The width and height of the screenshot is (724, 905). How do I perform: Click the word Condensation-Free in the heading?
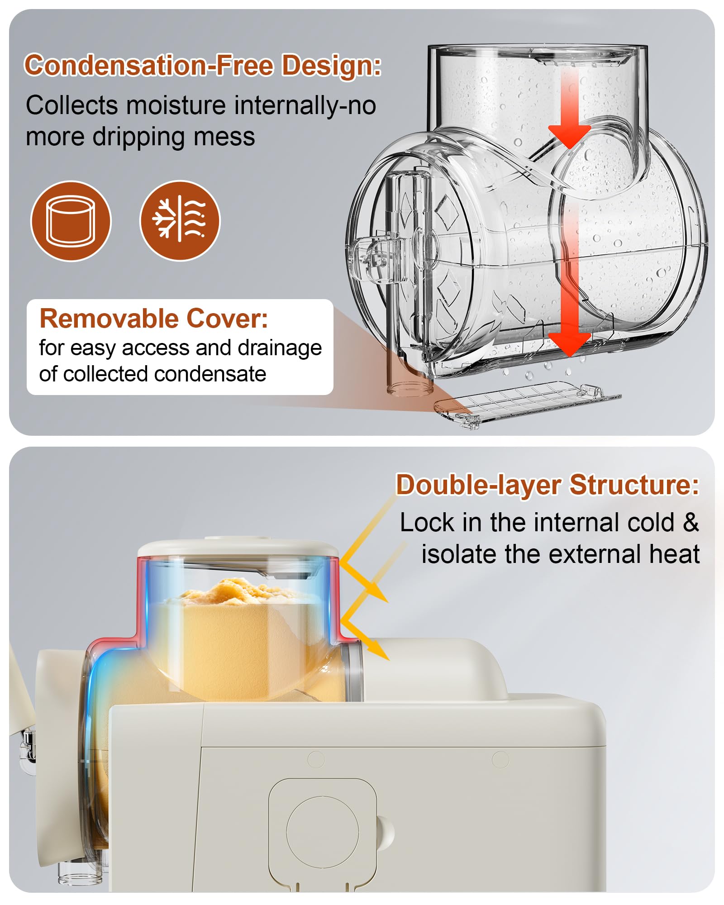(x=149, y=65)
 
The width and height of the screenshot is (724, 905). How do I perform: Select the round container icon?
(x=71, y=221)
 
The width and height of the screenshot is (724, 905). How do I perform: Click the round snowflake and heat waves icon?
(x=180, y=221)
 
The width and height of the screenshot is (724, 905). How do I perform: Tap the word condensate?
(x=210, y=374)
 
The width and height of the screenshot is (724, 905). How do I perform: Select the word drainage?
(x=280, y=348)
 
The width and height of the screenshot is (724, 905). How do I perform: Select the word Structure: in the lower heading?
(x=634, y=485)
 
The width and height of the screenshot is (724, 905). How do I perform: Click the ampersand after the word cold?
(x=691, y=523)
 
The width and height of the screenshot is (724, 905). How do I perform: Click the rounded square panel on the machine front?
(x=323, y=832)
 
